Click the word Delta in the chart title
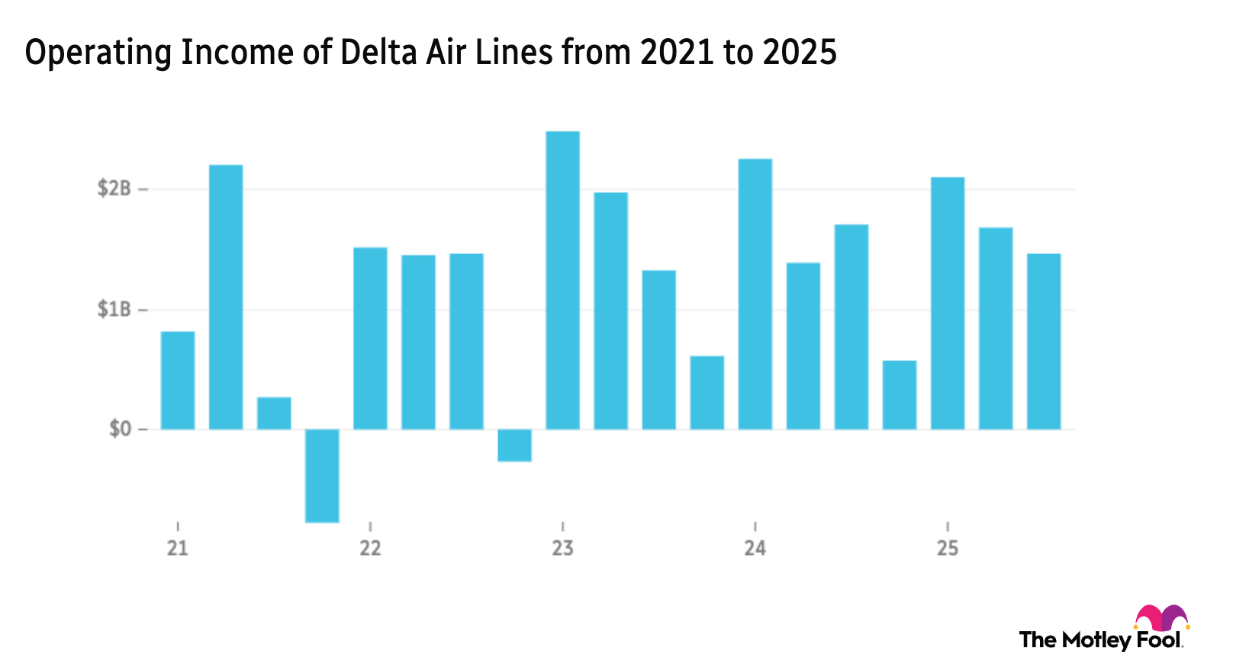[370, 53]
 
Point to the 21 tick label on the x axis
[178, 547]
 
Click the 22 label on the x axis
[370, 547]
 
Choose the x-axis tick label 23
[562, 547]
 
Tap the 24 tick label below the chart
[755, 547]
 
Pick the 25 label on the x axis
[947, 547]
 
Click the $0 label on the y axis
[119, 429]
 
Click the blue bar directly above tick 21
[178, 379]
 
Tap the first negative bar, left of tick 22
[322, 477]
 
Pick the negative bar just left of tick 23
[514, 475]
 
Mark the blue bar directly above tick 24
[755, 292]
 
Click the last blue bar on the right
[1044, 340]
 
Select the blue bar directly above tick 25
[948, 302]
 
